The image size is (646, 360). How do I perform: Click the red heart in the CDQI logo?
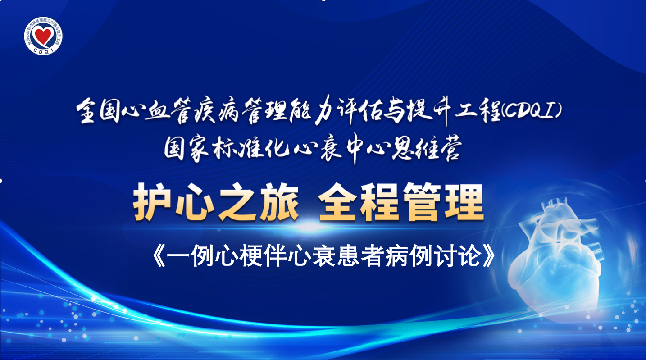(43, 34)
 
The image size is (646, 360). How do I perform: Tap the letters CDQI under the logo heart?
(43, 50)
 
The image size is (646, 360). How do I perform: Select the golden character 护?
(153, 202)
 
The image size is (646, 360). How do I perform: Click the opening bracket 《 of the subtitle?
(159, 256)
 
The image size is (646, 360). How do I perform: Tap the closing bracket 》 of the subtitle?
(488, 256)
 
